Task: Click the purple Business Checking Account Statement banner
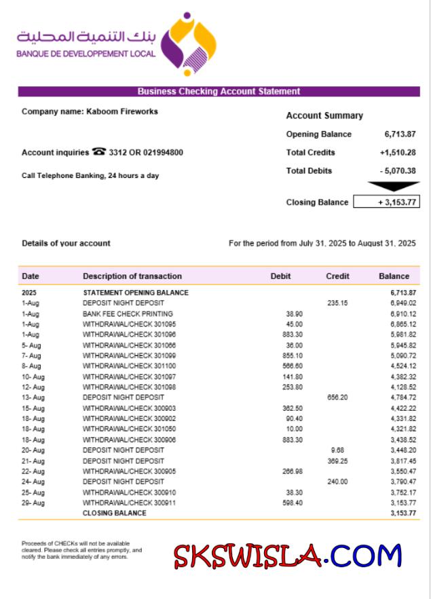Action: coord(219,92)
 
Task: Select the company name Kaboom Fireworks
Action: coord(121,111)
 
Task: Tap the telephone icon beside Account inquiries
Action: coord(99,152)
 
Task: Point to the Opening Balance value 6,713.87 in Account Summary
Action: coord(400,134)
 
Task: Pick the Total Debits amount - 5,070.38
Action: coord(398,171)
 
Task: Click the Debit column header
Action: coord(280,276)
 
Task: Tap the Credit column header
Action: coord(337,276)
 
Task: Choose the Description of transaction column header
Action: coord(132,276)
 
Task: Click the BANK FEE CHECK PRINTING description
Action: coord(128,314)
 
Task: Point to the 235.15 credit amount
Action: coord(337,304)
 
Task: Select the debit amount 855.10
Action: coord(293,356)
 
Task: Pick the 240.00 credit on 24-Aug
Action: coord(337,482)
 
